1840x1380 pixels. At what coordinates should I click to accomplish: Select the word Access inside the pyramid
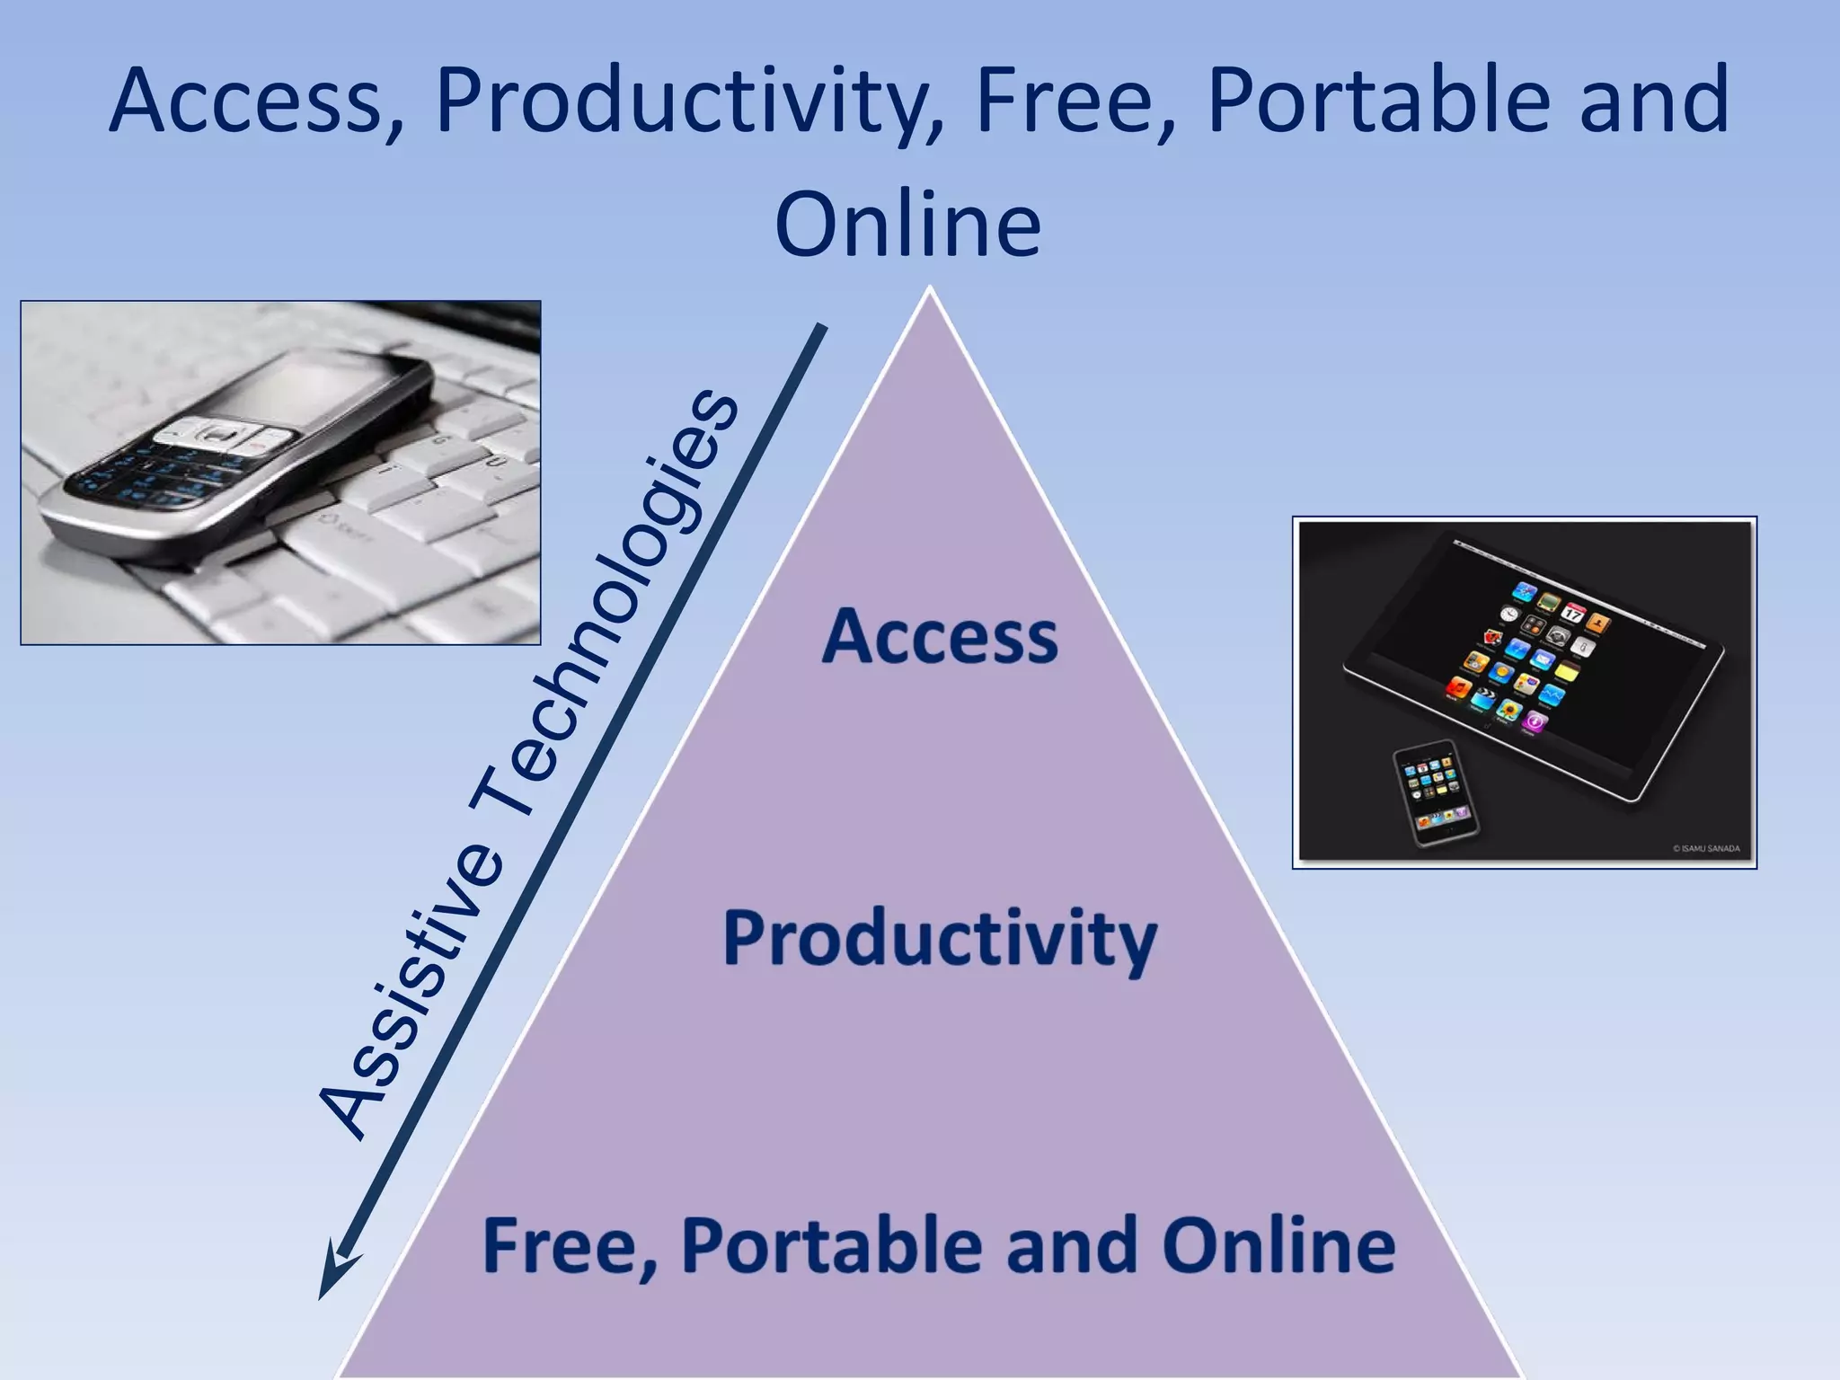940,636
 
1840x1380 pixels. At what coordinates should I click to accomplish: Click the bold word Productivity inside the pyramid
940,940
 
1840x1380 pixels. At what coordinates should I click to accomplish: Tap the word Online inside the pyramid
1279,1245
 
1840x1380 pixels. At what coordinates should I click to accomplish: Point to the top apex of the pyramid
930,289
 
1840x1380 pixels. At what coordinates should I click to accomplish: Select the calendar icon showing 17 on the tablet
1572,612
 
